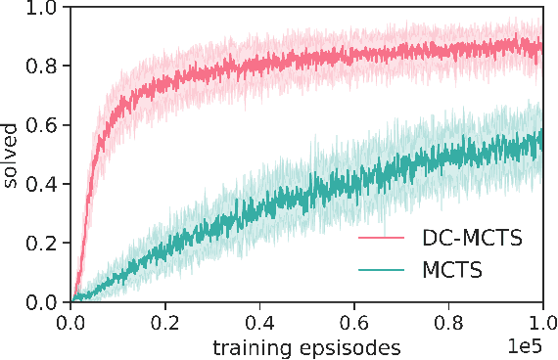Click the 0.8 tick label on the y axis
click(x=44, y=66)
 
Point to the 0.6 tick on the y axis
click(x=44, y=125)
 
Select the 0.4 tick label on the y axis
click(x=44, y=184)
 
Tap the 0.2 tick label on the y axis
click(x=44, y=243)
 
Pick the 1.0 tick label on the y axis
click(x=44, y=8)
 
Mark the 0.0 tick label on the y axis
click(x=44, y=301)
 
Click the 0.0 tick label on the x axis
click(x=71, y=322)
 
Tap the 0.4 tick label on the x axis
click(x=259, y=322)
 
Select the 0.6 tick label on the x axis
click(x=354, y=322)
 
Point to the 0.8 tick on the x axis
click(x=448, y=322)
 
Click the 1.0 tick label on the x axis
click(x=542, y=322)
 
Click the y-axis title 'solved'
click(x=13, y=156)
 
